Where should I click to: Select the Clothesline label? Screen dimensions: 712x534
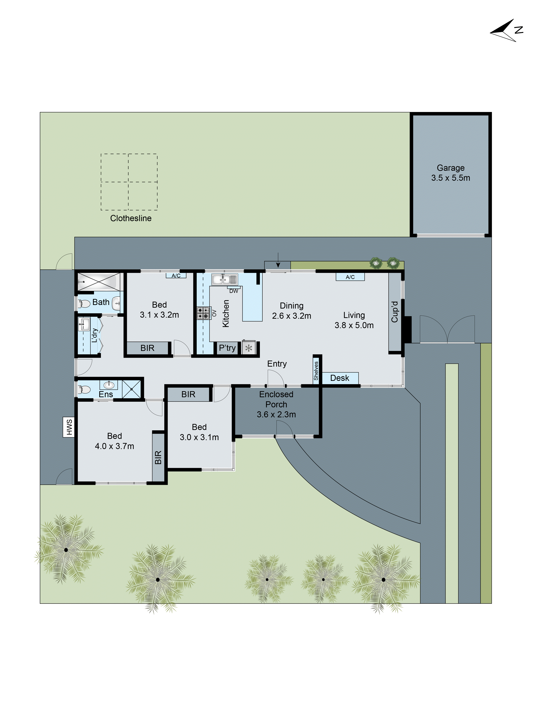[x=131, y=218]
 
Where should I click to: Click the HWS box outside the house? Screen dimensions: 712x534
[x=68, y=427]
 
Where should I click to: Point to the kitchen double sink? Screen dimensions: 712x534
[x=224, y=279]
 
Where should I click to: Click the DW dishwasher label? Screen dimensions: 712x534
[x=234, y=291]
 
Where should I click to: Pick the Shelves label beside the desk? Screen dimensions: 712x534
[x=316, y=370]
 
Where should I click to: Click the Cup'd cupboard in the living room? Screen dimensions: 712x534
[x=395, y=312]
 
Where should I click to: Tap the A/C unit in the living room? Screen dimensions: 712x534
[x=350, y=277]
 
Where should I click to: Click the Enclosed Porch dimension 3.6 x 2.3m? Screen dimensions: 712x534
[x=276, y=415]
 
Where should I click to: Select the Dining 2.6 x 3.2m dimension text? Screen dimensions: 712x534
[x=292, y=316]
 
